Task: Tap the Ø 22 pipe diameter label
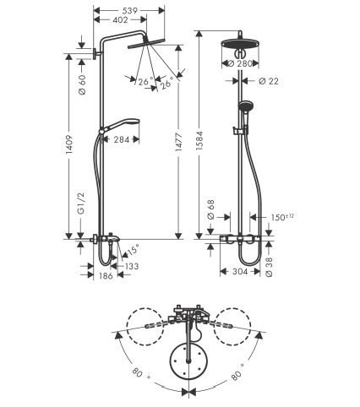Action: pos(269,81)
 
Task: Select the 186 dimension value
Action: pos(106,276)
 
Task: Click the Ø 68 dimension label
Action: pos(210,210)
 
